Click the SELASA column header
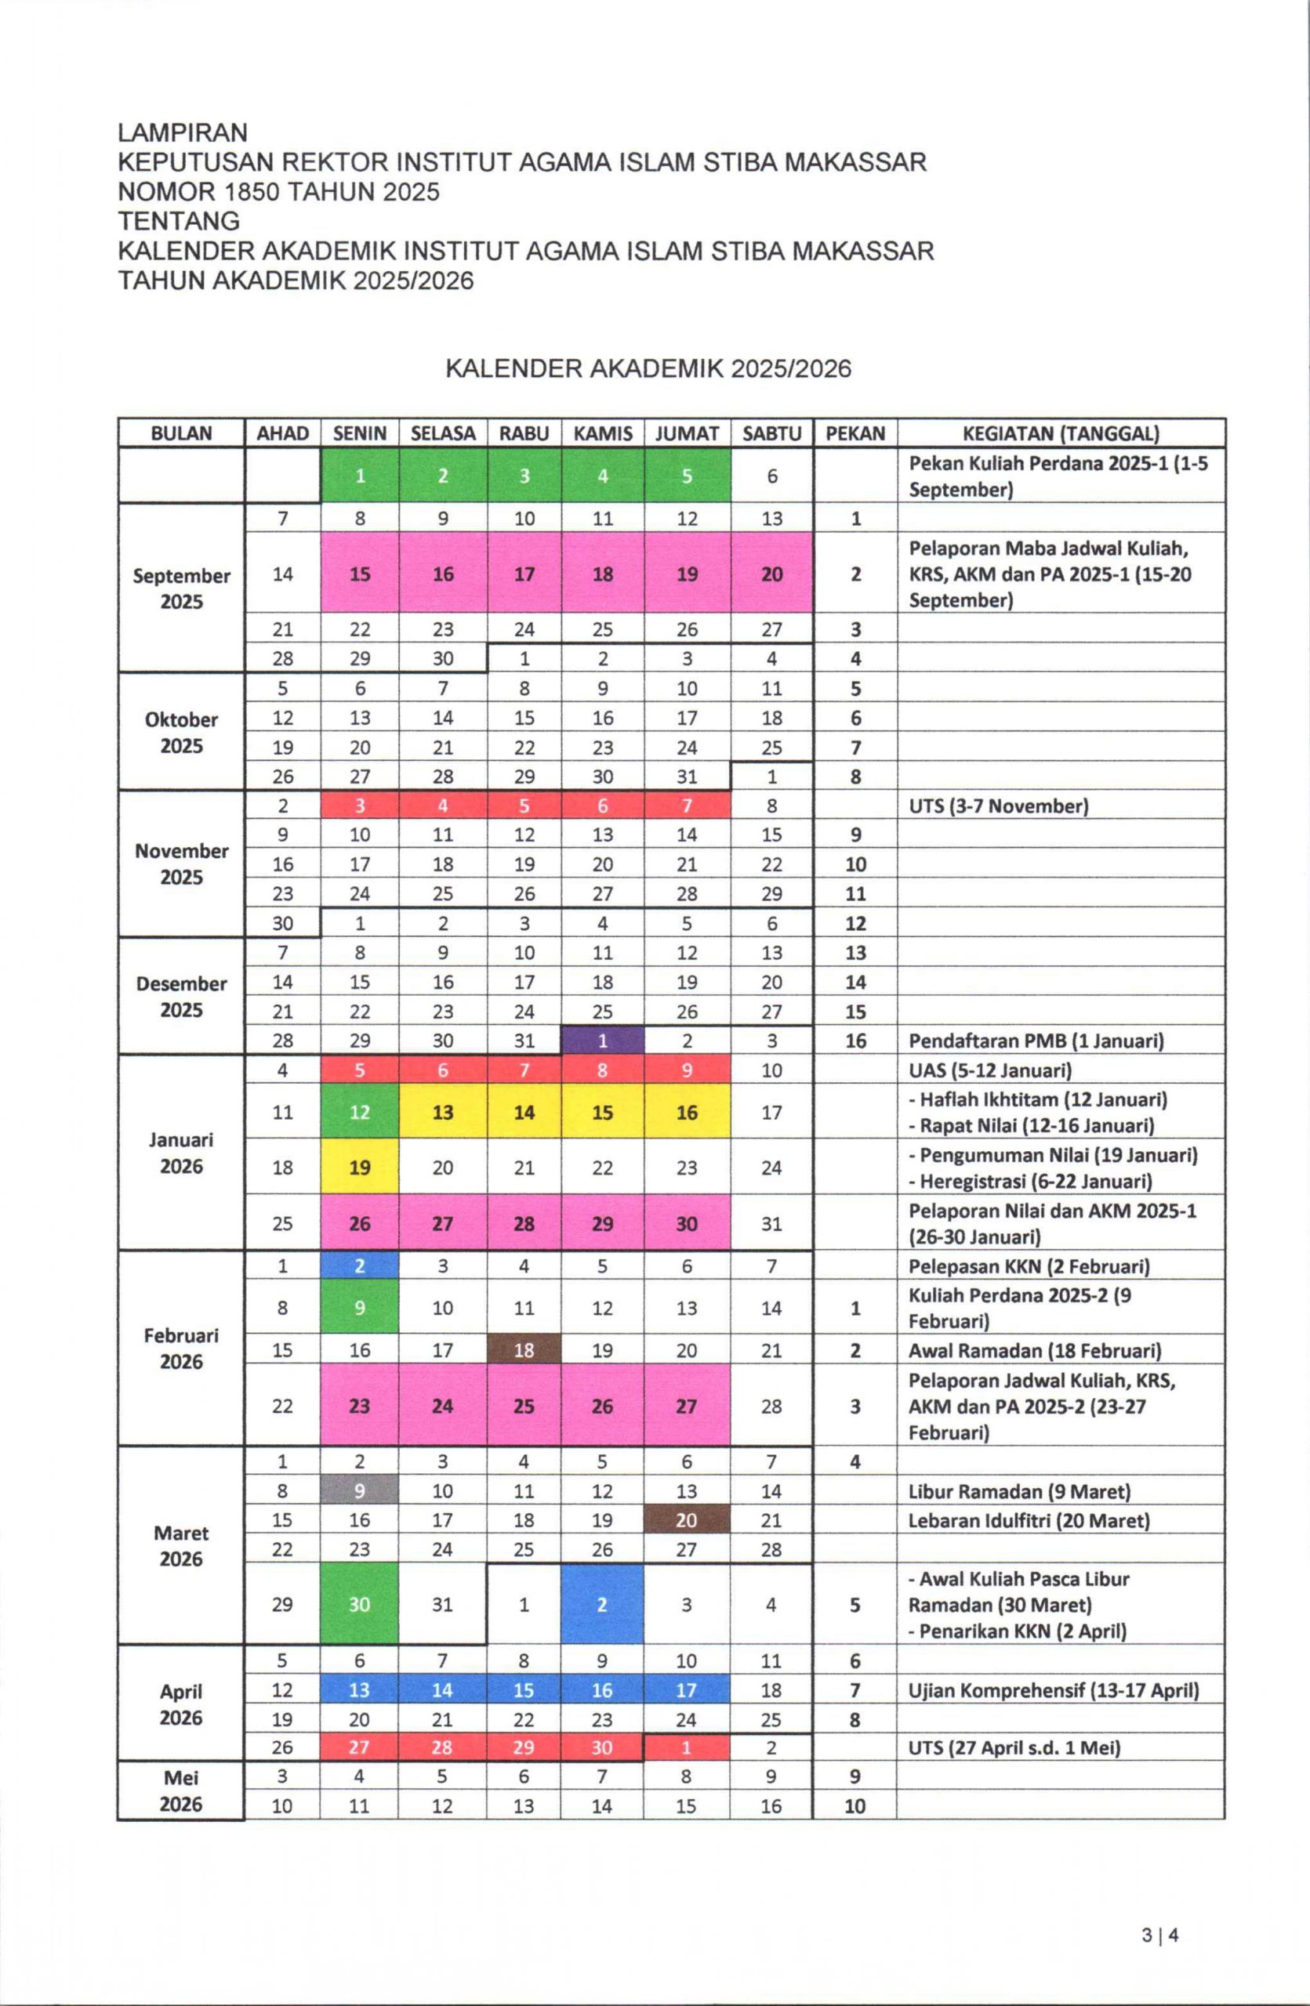443,433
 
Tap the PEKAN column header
855,433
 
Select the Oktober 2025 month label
181,733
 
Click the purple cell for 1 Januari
603,1041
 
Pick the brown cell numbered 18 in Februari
524,1350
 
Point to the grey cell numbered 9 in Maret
359,1491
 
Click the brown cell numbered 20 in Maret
686,1520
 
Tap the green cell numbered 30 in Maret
359,1604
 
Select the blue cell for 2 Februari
359,1266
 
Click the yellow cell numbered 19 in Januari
359,1168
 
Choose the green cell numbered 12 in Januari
359,1113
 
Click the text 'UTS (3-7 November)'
998,806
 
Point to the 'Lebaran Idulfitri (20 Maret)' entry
1029,1520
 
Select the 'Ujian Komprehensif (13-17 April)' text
1053,1690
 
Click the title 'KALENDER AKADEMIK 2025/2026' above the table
648,369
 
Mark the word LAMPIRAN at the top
182,132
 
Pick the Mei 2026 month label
181,1791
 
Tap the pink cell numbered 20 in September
771,574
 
